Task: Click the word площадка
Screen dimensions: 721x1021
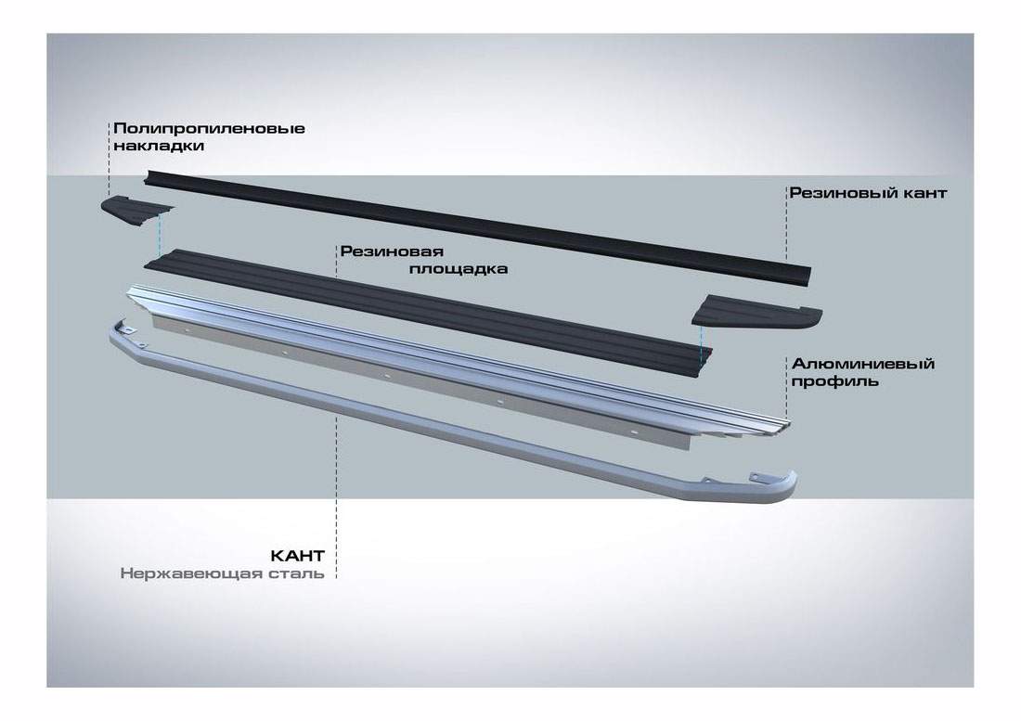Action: [460, 269]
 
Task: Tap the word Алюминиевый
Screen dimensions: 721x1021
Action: [862, 363]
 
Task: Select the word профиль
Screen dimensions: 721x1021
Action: [834, 380]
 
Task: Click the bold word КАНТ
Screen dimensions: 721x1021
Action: [297, 556]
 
